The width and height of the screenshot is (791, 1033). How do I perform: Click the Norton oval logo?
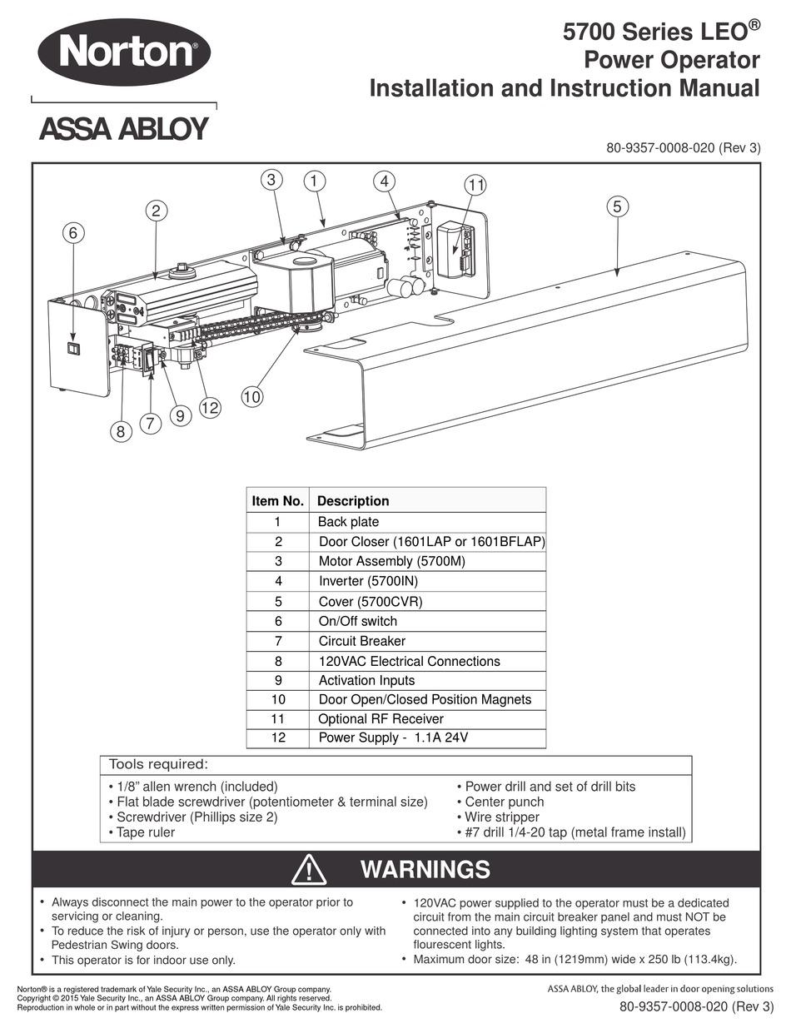(x=124, y=52)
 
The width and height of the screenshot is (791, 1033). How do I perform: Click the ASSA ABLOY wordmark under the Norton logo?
(x=124, y=129)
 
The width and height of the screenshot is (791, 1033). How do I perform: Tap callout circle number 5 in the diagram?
(x=618, y=206)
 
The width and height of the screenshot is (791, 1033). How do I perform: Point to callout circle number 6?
(x=73, y=233)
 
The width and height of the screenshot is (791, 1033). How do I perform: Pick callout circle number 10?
(x=252, y=396)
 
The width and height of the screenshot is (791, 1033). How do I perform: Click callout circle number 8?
(x=121, y=432)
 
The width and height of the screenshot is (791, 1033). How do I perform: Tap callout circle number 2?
(x=157, y=211)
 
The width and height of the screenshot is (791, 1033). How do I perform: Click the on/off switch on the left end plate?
(x=73, y=350)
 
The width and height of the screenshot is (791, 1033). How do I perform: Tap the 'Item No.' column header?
(x=277, y=500)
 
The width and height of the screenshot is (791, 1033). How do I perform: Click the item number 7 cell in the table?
(x=278, y=641)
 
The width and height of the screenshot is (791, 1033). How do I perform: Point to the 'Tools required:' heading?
(x=159, y=764)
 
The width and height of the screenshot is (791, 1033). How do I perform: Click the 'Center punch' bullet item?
(x=500, y=802)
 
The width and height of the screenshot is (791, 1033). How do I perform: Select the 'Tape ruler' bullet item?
(x=142, y=832)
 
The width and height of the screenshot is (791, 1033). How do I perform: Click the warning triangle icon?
(x=309, y=870)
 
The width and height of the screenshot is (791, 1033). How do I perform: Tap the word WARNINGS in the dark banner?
(x=425, y=870)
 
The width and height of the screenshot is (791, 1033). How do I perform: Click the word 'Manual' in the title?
(x=719, y=88)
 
